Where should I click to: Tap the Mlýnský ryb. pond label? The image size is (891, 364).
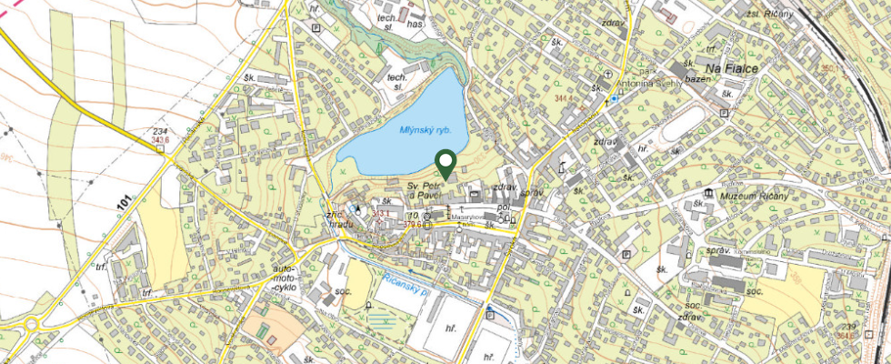point(425,131)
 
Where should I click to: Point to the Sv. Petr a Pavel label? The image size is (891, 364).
point(424,189)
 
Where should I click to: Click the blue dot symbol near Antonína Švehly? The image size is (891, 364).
point(615,98)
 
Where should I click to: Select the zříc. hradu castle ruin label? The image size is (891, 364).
point(338,215)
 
